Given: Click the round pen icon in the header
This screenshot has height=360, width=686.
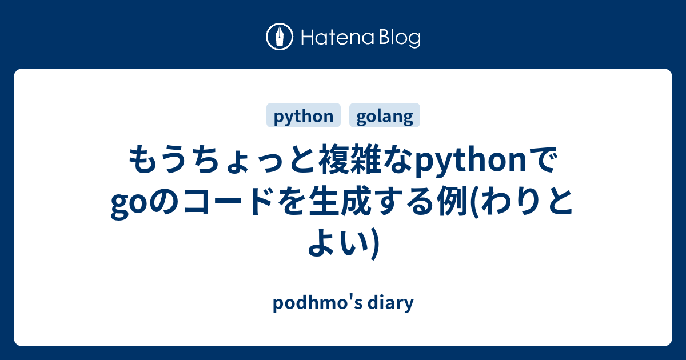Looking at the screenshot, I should (280, 37).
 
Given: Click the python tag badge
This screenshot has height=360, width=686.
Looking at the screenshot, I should (304, 116).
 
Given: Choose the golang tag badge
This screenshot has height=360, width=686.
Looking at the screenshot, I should (385, 116).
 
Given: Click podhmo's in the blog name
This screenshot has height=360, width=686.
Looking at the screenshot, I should (316, 303).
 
